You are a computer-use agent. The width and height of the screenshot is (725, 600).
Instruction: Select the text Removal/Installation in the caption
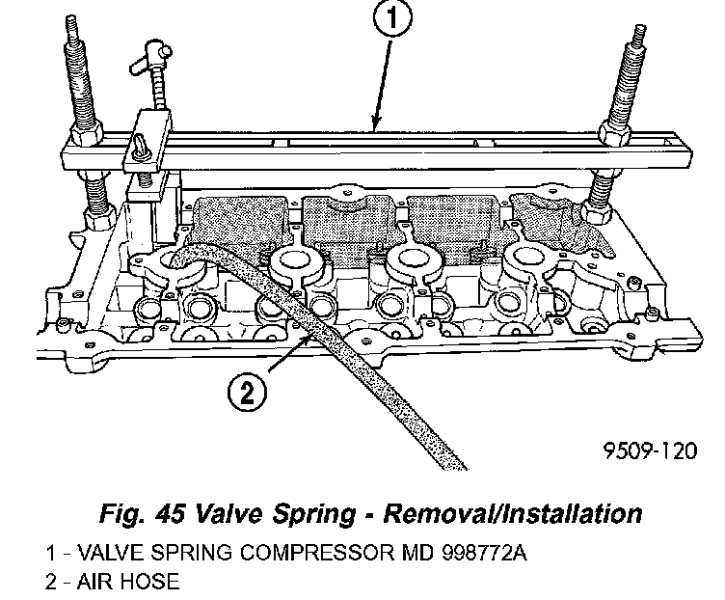[511, 511]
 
